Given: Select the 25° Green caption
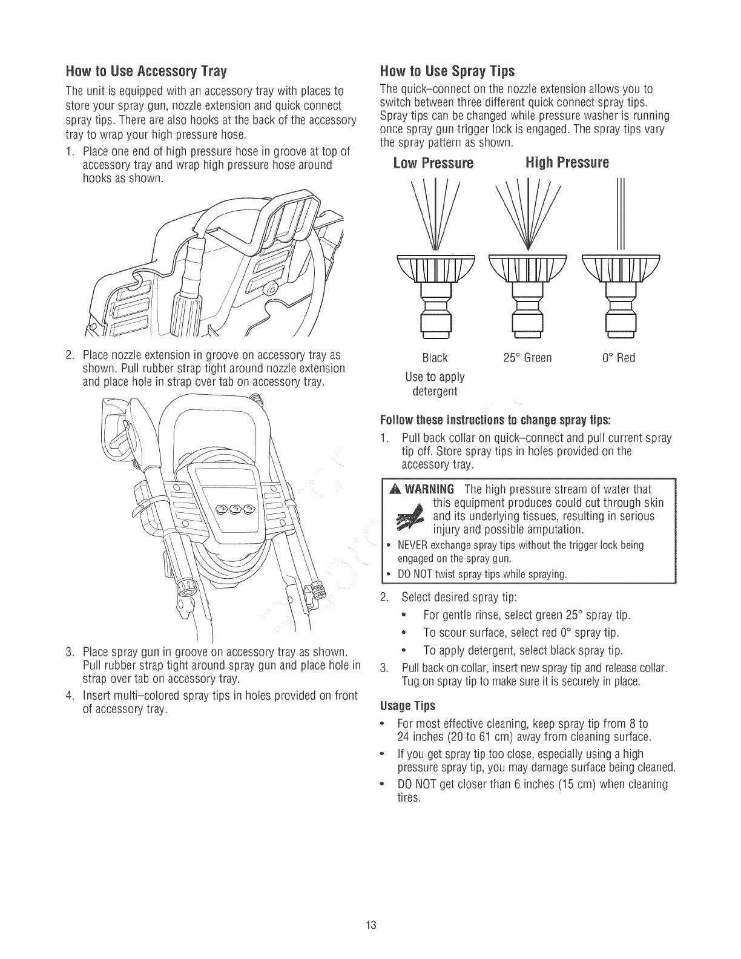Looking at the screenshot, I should coord(527,358).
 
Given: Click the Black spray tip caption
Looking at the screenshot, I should coord(435,358).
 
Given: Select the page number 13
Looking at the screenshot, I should coord(371,926).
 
